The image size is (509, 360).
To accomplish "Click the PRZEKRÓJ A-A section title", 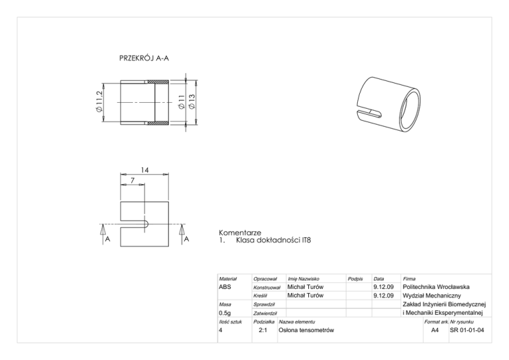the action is [144, 58].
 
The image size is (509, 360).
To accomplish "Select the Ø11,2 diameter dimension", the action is [99, 102].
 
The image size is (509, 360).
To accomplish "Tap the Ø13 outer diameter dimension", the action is [192, 101].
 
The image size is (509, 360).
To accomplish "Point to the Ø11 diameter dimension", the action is [182, 101].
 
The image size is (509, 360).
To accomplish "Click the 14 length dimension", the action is [144, 170].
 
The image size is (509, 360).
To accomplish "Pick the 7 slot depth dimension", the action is [133, 180].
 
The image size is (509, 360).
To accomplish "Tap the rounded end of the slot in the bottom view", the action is [146, 224].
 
